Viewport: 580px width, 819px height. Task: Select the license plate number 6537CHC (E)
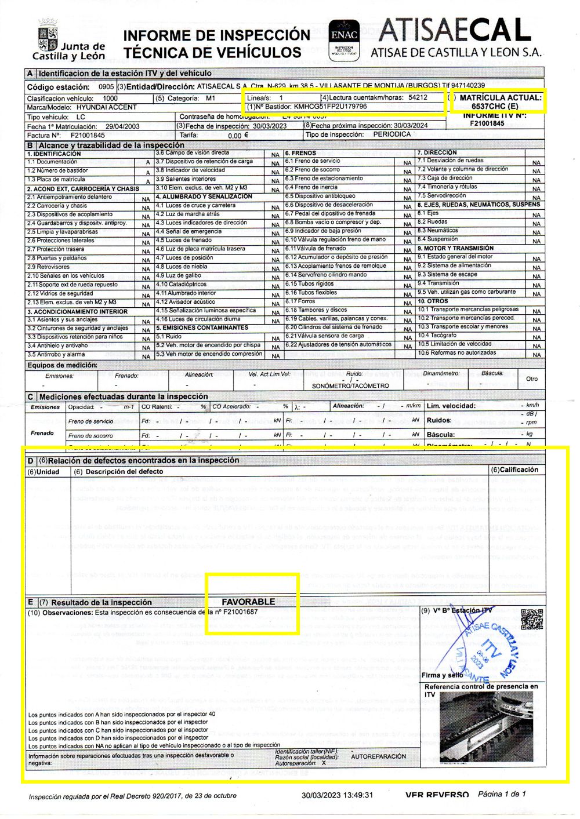tap(495, 107)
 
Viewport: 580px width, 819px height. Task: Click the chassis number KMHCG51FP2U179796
tap(330, 107)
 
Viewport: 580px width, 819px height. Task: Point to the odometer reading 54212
tap(418, 97)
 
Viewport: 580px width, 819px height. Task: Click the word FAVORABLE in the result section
tap(248, 602)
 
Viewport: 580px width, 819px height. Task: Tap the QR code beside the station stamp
tap(532, 619)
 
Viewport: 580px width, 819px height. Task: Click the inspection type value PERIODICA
tap(391, 134)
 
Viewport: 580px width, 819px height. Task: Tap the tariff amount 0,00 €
tap(238, 135)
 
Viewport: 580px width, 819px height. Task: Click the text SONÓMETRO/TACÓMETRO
tap(350, 385)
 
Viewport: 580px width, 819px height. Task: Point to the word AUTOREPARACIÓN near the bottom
tap(379, 756)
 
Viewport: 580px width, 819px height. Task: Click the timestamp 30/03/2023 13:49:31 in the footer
tap(337, 795)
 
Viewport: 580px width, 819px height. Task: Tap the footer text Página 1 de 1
tap(502, 794)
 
